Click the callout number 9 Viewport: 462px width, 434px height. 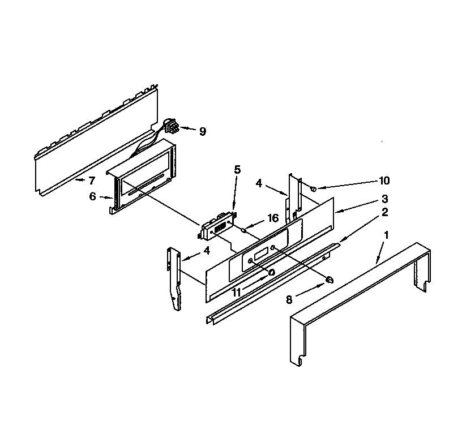(202, 131)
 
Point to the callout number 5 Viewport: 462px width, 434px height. (237, 169)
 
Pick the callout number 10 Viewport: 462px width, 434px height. (384, 181)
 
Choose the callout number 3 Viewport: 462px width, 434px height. (384, 199)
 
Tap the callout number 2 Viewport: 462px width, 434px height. (384, 212)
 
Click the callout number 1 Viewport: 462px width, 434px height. (387, 234)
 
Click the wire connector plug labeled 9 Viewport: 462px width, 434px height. (170, 126)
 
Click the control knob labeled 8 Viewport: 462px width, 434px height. (329, 278)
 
